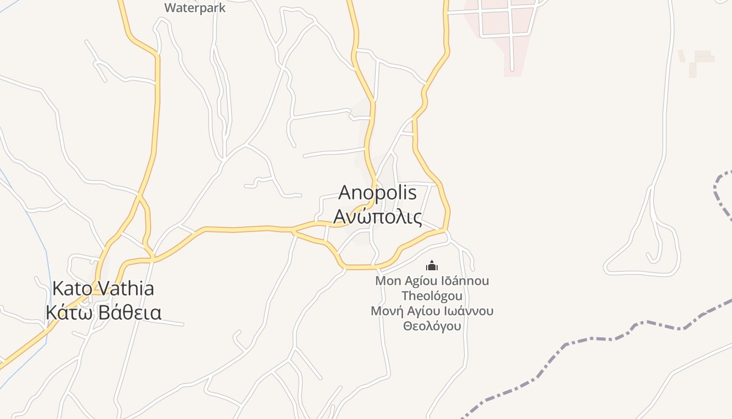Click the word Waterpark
pyautogui.click(x=195, y=8)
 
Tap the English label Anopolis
pyautogui.click(x=378, y=193)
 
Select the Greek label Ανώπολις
pyautogui.click(x=378, y=216)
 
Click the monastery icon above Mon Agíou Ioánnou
pyautogui.click(x=431, y=266)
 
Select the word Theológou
pyautogui.click(x=432, y=296)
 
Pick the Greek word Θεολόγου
pyautogui.click(x=432, y=326)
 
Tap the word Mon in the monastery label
pyautogui.click(x=388, y=281)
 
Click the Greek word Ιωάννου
pyautogui.click(x=468, y=311)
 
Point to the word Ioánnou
pyautogui.click(x=465, y=281)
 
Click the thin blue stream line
pyautogui.click(x=31, y=215)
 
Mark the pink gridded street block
pyautogui.click(x=502, y=26)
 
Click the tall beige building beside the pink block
pyautogui.click(x=692, y=70)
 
